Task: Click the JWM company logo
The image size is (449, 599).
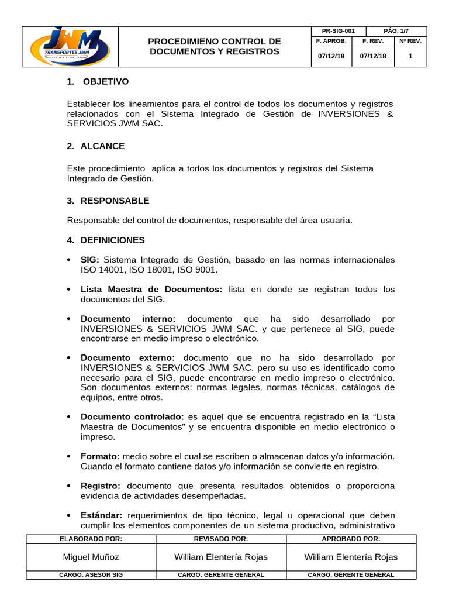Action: (x=70, y=47)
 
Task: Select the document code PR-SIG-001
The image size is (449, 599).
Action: (x=338, y=30)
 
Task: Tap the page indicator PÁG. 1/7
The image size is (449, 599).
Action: (x=396, y=30)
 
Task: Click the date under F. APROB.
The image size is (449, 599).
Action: (x=331, y=57)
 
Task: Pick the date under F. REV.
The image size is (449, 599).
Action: (x=373, y=57)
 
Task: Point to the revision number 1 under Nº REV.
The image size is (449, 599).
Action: (x=410, y=57)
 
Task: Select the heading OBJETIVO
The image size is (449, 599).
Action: (x=105, y=81)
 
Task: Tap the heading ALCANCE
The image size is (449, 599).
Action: (x=102, y=146)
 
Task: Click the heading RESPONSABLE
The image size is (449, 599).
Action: (x=115, y=201)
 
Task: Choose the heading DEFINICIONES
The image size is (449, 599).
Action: (x=112, y=240)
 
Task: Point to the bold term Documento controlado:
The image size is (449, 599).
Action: (x=132, y=416)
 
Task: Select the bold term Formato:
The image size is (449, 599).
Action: (x=100, y=456)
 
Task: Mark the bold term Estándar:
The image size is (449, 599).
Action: (x=101, y=515)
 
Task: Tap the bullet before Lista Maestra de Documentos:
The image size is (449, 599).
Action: (x=70, y=290)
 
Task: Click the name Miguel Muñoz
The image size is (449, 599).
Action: (x=91, y=557)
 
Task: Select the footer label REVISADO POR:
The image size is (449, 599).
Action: (x=220, y=539)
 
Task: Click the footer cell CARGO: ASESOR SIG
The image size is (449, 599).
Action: (x=91, y=574)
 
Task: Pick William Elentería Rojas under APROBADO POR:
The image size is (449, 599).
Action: (x=351, y=557)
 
